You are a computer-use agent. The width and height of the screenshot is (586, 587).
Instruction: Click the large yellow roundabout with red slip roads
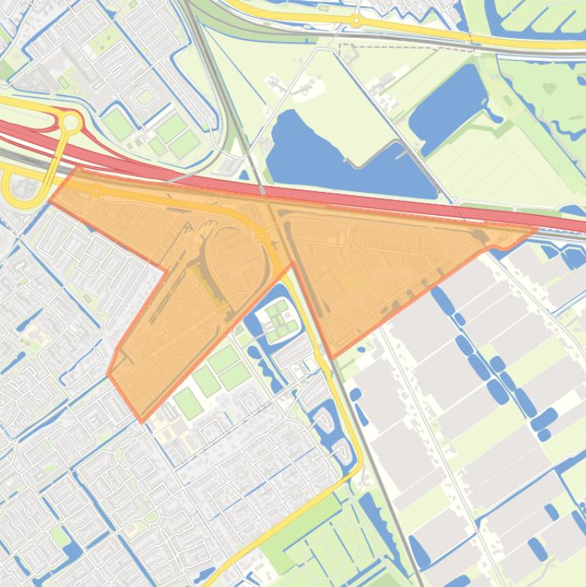[x=72, y=121]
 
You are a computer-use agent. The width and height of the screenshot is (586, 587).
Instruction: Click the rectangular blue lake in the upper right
[x=450, y=107]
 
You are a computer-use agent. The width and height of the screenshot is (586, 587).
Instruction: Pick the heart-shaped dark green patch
[x=549, y=88]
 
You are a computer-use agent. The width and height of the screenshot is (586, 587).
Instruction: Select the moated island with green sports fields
[x=277, y=320]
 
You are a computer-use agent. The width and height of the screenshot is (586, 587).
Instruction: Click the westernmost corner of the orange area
[x=50, y=202]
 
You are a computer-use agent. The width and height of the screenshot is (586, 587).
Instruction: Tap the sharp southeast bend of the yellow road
[x=358, y=465]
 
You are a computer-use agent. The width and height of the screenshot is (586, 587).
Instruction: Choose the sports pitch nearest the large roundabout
[x=117, y=123]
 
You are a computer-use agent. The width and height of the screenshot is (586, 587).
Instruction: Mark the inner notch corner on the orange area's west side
[x=167, y=270]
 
